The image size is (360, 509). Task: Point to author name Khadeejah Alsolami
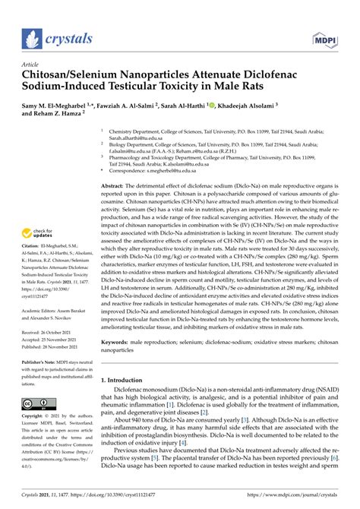pyautogui.click(x=289, y=104)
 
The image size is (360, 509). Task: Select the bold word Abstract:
pyautogui.click(x=113, y=185)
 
